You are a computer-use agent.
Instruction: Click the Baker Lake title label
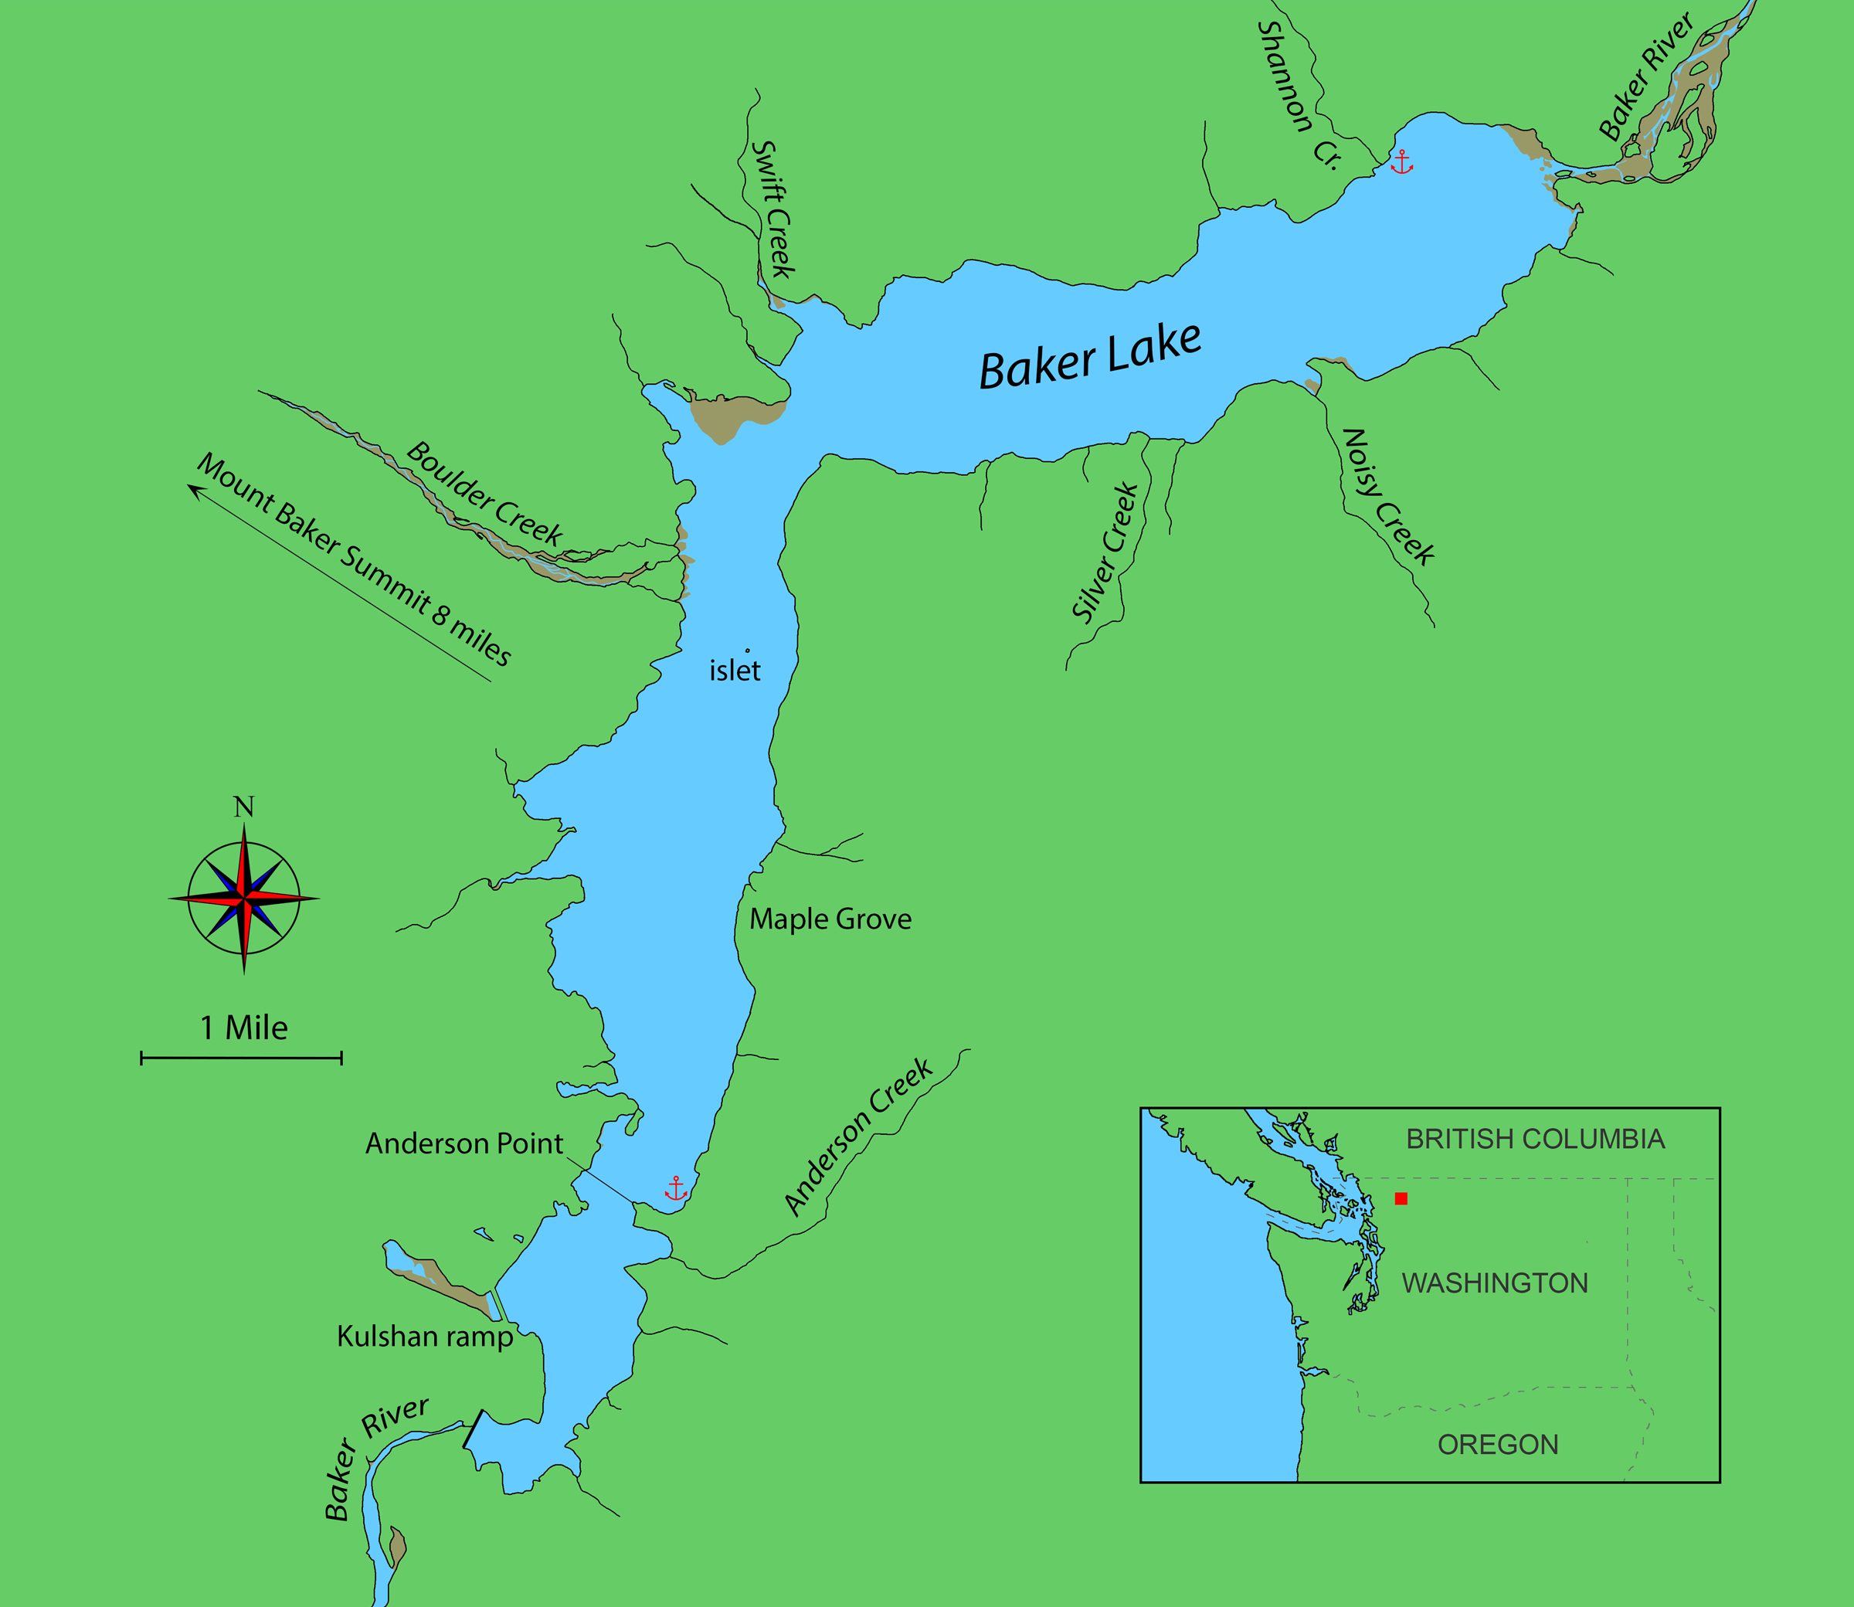tap(1089, 356)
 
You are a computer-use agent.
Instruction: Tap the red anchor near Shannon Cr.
tap(1401, 162)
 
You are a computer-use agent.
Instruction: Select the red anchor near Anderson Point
tap(676, 1188)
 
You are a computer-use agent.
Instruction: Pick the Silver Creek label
tap(1105, 552)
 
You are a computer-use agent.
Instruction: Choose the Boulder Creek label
tap(484, 493)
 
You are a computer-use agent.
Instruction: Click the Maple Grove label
tap(830, 919)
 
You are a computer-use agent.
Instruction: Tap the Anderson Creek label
tap(858, 1136)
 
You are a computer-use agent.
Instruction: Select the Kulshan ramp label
tap(425, 1336)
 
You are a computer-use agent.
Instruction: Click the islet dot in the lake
tap(748, 651)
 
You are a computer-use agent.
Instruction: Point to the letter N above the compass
tap(244, 807)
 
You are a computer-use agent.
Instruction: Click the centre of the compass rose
tap(244, 898)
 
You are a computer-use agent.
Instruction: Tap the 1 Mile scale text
tap(244, 1028)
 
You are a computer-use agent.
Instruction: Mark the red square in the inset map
tap(1401, 1198)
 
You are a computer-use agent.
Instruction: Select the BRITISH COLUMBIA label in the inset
tap(1535, 1139)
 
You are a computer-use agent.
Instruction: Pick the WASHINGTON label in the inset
tap(1495, 1283)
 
